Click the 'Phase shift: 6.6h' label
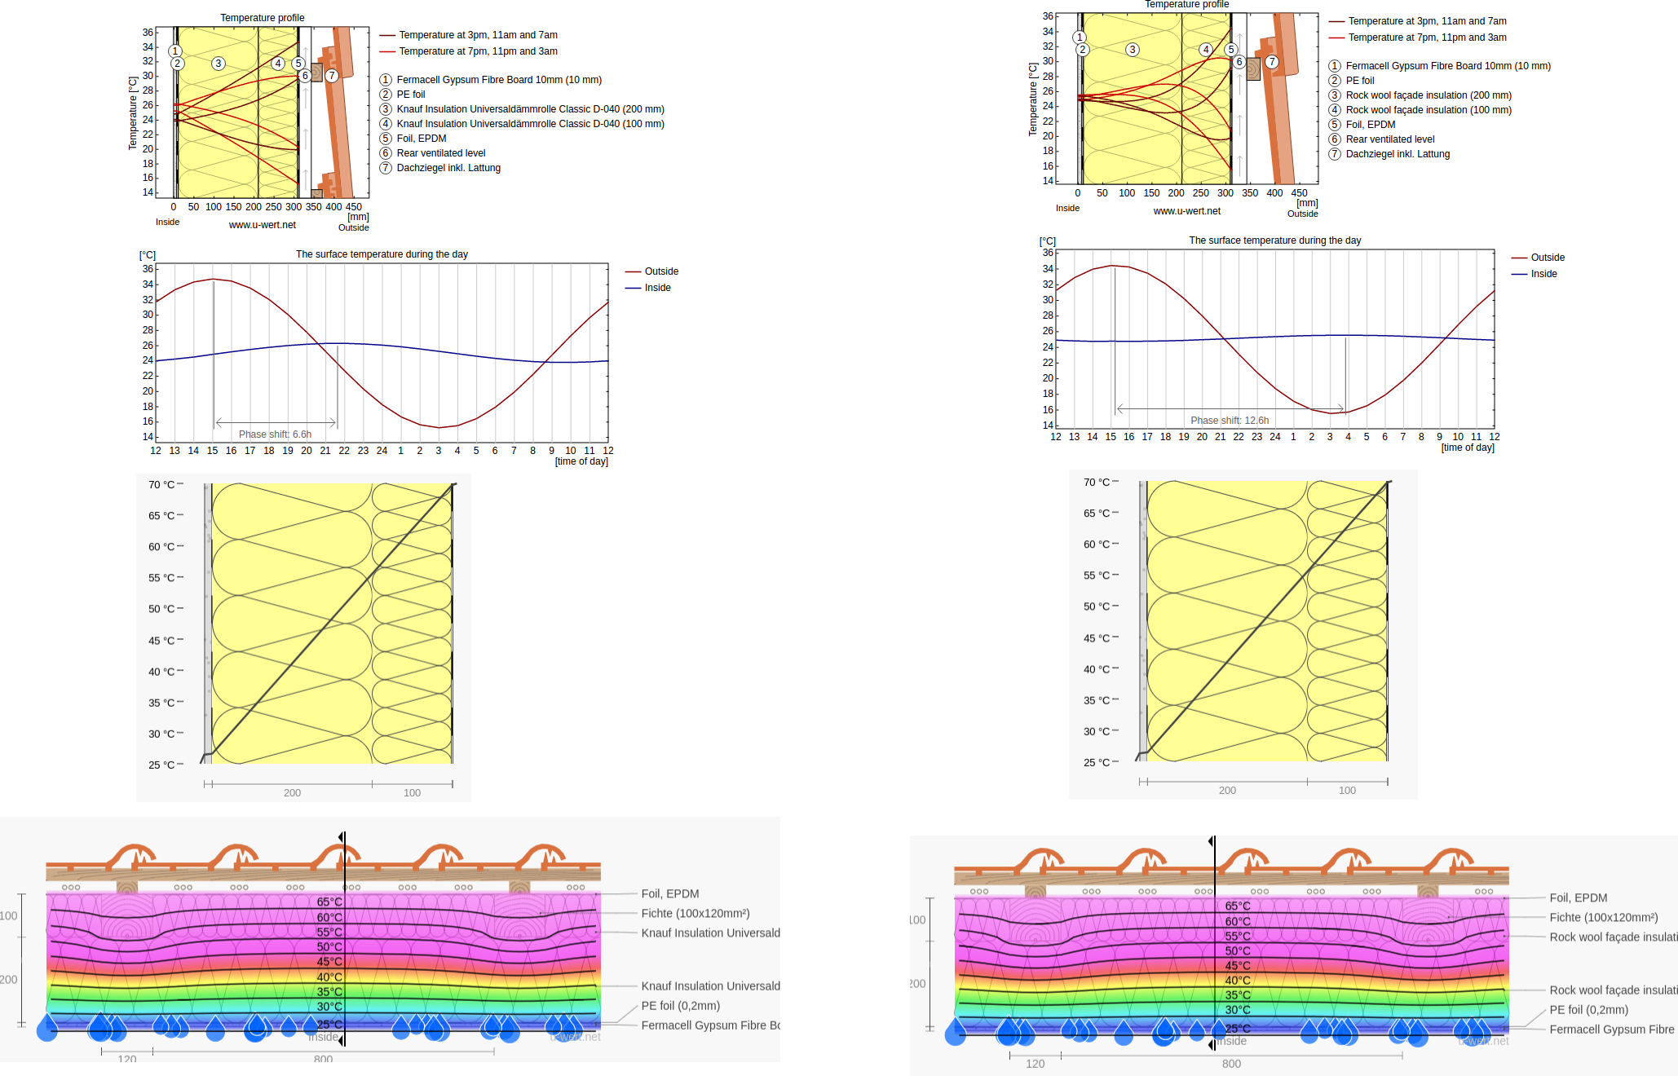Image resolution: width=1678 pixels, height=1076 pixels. tap(275, 434)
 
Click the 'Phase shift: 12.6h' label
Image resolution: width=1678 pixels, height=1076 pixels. tap(1229, 421)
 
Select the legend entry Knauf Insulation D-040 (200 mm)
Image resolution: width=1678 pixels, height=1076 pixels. tap(530, 109)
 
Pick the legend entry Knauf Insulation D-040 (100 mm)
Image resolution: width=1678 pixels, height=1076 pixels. tap(530, 124)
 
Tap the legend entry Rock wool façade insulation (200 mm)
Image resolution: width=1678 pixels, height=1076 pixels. tap(1428, 95)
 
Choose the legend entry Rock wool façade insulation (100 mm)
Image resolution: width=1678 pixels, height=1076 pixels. tap(1428, 110)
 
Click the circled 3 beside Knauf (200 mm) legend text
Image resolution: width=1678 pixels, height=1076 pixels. tap(386, 109)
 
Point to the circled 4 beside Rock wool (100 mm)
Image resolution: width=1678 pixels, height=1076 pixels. tap(1335, 110)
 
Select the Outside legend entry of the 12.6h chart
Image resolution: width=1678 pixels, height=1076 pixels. tap(1547, 258)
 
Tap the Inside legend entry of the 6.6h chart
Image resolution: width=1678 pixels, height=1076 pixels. tap(657, 288)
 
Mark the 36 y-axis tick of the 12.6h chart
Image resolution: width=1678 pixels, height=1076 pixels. tap(1048, 253)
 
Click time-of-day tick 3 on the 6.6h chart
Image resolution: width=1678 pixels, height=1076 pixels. tap(439, 451)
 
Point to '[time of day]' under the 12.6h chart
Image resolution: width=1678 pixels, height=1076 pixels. tap(1468, 448)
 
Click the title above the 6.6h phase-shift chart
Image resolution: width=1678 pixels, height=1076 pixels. tap(382, 254)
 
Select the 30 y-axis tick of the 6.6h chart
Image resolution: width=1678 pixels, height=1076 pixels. tap(148, 315)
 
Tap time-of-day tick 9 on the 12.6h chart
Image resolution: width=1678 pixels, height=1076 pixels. tap(1439, 437)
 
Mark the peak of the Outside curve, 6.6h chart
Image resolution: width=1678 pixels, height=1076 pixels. tap(213, 279)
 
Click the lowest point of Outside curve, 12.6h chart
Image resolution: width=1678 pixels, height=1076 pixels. tap(1331, 413)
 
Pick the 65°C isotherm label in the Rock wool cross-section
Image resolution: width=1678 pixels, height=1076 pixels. tap(1237, 906)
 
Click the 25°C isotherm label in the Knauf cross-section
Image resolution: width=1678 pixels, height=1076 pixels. tap(329, 1024)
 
